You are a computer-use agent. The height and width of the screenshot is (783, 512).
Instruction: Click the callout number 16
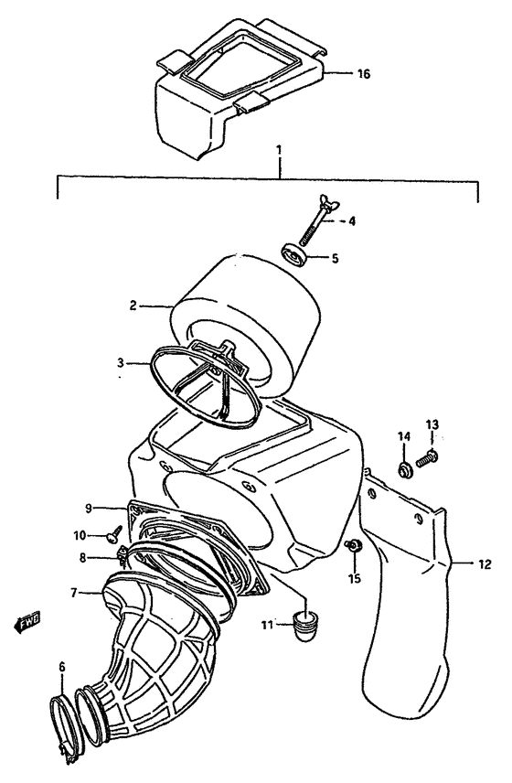click(363, 74)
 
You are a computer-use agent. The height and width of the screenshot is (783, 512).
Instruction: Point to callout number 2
click(133, 306)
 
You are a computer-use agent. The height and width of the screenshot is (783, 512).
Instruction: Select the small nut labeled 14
click(401, 471)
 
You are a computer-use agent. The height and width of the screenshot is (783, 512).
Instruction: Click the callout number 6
click(62, 668)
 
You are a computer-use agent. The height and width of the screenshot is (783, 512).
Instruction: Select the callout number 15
click(356, 579)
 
